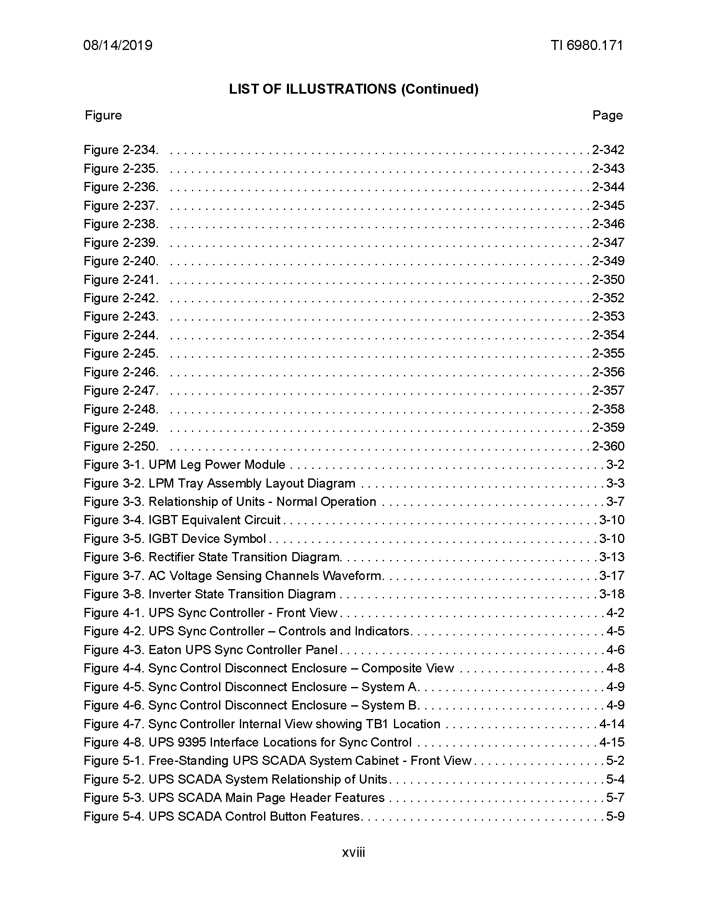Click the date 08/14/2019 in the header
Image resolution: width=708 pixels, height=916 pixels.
(118, 45)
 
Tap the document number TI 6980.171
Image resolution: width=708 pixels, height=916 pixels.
(587, 45)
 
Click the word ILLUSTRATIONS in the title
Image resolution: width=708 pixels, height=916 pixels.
(341, 89)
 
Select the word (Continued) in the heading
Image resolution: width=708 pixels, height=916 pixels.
(439, 89)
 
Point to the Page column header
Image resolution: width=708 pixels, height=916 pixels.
(607, 115)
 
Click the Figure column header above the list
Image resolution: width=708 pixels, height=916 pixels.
(103, 115)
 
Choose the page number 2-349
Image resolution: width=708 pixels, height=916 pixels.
(608, 261)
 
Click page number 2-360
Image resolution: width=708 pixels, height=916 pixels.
(608, 446)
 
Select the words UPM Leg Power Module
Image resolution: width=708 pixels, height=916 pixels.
(217, 465)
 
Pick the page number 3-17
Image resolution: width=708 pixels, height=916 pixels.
(611, 576)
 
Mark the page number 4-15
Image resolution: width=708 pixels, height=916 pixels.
(611, 743)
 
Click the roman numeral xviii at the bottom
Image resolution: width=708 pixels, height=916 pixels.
(354, 853)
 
